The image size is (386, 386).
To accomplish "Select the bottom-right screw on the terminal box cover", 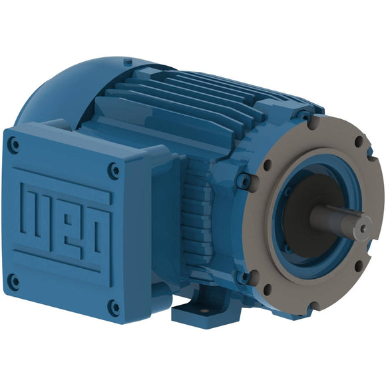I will point(114,307).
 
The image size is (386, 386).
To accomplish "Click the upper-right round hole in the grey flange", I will point(359,141).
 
